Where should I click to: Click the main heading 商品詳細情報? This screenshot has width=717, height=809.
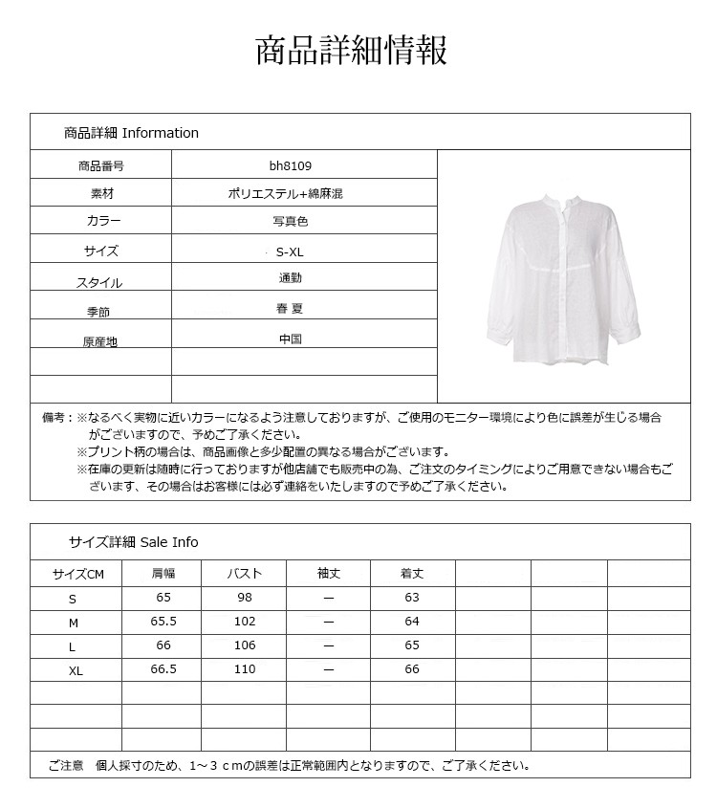pos(351,51)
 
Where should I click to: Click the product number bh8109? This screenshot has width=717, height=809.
pos(291,165)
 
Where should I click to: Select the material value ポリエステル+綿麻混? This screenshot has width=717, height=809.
pos(291,193)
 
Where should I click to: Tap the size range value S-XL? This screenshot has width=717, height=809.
pos(290,252)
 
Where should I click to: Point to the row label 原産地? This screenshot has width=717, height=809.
pos(99,341)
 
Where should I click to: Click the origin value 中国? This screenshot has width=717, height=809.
pos(291,339)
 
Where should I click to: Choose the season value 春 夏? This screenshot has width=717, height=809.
pos(291,309)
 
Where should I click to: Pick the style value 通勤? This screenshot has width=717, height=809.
pos(291,278)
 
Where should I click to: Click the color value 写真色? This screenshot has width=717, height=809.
pos(291,222)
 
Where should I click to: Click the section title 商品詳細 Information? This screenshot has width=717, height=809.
pos(131,133)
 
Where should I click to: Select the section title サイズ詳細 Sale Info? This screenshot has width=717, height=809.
pos(133,542)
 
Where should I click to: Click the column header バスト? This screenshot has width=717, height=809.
pos(244,574)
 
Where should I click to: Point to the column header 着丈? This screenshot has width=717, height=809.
pos(411,574)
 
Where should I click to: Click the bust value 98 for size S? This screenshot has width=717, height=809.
pos(244,598)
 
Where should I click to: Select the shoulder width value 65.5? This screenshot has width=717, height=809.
pos(163,621)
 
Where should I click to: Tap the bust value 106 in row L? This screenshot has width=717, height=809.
pos(244,645)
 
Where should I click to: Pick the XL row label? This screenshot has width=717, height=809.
pos(76,671)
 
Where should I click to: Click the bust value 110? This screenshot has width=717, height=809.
pos(244,669)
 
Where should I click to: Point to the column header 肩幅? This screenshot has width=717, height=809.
pos(163,574)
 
